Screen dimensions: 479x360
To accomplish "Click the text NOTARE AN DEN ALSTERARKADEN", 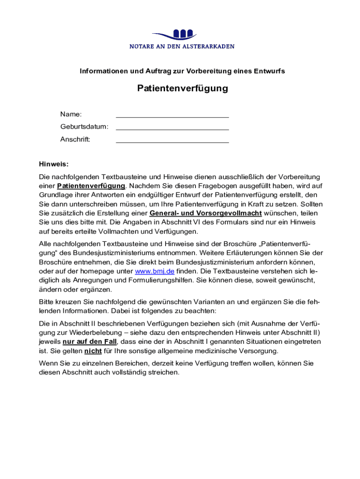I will [x=182, y=47].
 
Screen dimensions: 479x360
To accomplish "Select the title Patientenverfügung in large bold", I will [x=182, y=88].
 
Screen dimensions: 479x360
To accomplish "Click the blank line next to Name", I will [x=172, y=115].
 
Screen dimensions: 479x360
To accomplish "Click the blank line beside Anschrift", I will [x=172, y=139].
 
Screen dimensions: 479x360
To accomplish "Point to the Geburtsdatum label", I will [x=84, y=127].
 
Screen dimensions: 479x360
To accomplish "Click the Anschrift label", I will [x=75, y=139].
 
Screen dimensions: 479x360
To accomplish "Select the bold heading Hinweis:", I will [x=54, y=164].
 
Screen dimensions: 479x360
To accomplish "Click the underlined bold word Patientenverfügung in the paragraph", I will [x=91, y=186].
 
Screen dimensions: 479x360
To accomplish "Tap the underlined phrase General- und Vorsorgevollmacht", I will [x=205, y=214].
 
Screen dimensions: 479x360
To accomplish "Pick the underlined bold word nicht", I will [x=93, y=351].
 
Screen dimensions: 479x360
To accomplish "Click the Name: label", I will [x=71, y=115].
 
